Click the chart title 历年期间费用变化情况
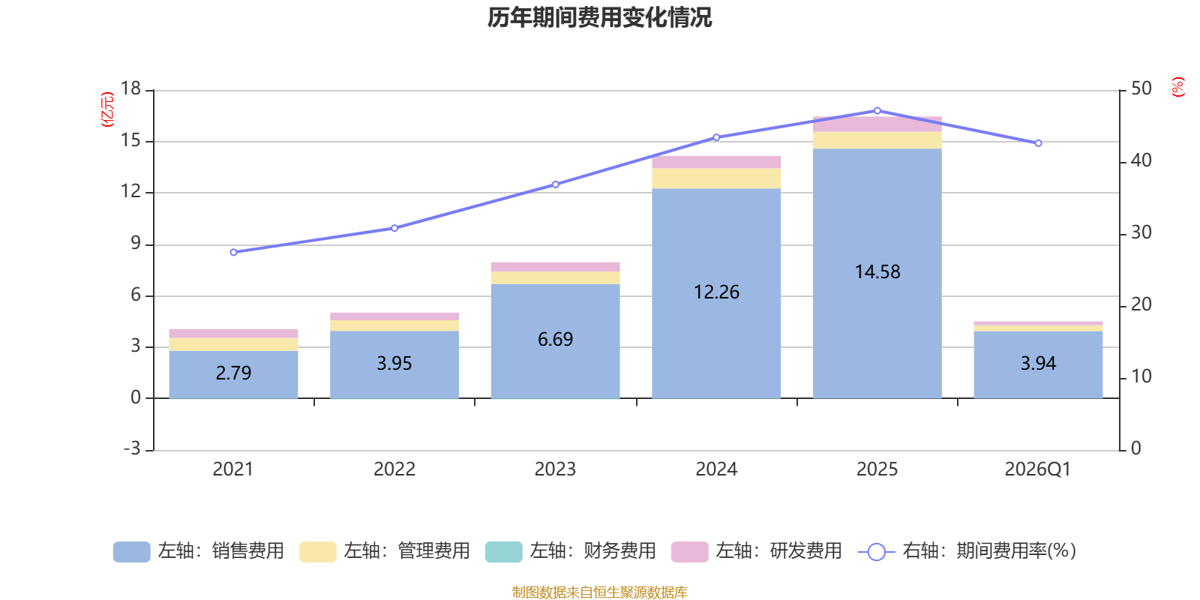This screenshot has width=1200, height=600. [x=599, y=18]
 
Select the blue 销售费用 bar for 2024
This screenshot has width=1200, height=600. [x=716, y=293]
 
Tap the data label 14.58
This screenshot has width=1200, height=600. [x=877, y=271]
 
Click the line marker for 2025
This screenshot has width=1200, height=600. [x=877, y=111]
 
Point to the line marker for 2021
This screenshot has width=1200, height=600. [x=233, y=252]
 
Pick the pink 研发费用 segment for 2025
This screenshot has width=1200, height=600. [x=877, y=124]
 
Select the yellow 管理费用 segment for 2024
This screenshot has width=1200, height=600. [x=716, y=178]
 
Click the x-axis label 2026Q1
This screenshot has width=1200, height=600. [x=1038, y=469]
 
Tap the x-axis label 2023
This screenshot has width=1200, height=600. [x=555, y=469]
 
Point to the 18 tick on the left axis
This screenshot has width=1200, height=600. [x=130, y=88]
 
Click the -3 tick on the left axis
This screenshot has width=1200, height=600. [x=132, y=448]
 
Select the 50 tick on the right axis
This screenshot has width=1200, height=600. [x=1141, y=88]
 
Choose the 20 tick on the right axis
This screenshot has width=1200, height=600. [x=1141, y=304]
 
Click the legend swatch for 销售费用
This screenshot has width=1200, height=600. [x=132, y=552]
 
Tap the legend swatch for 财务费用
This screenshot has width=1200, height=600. [x=503, y=552]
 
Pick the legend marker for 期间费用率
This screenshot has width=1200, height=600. [x=877, y=552]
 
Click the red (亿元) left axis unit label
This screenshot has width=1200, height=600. [x=107, y=109]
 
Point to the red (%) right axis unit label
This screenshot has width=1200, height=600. [x=1178, y=87]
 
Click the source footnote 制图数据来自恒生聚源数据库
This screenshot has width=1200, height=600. [x=599, y=592]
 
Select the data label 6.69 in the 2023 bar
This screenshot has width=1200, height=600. [x=556, y=339]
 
